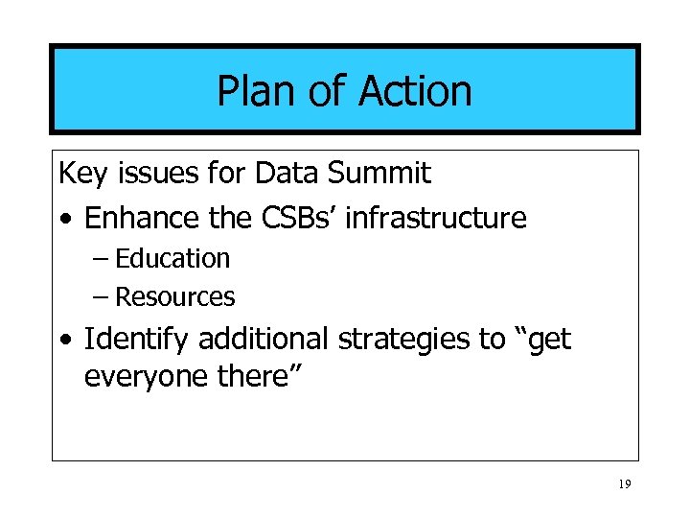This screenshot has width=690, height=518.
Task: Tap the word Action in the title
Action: click(x=415, y=91)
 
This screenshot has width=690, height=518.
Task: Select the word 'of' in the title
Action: click(x=327, y=91)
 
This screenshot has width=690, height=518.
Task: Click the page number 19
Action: click(x=624, y=485)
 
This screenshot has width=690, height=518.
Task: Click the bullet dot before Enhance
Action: click(x=64, y=220)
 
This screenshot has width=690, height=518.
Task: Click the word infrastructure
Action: click(x=435, y=218)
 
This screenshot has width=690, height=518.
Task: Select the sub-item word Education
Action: click(x=172, y=259)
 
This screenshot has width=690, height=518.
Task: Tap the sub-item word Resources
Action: click(x=174, y=297)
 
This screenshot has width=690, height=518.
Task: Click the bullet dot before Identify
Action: click(x=64, y=341)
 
